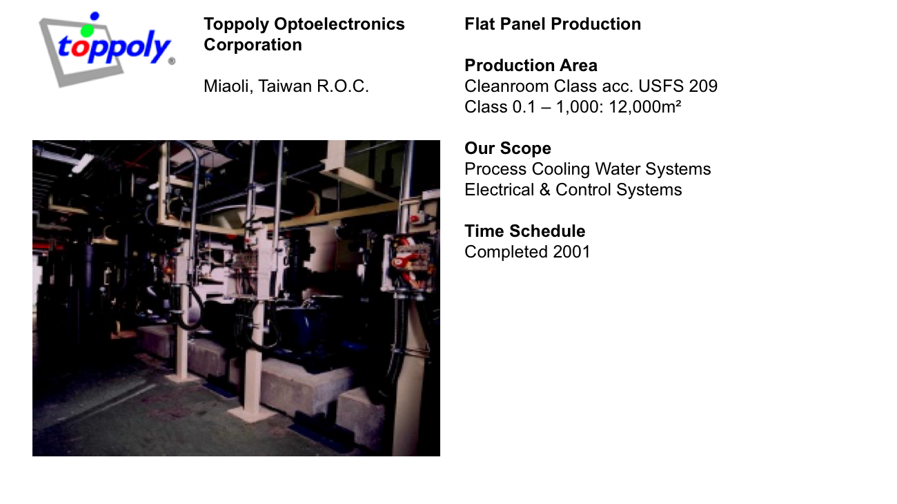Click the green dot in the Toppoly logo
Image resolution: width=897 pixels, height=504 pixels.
88,30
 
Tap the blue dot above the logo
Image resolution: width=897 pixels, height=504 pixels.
95,16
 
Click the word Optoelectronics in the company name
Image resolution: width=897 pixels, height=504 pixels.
339,24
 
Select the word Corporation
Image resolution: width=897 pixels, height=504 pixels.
253,44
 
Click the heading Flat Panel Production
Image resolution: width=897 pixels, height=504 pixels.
553,24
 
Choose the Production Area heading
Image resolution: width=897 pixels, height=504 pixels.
531,66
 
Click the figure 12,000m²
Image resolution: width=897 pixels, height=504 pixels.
644,107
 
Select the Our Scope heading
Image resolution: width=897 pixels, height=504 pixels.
508,148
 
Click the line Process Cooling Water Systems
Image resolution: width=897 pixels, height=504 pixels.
587,169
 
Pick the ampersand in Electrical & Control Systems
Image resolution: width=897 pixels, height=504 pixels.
544,190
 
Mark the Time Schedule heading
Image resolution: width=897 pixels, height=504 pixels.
524,231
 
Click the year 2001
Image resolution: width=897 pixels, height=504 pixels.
571,252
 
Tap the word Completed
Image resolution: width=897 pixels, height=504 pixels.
506,252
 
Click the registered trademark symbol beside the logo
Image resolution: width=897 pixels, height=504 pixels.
172,61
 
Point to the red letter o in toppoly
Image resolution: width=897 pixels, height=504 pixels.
79,47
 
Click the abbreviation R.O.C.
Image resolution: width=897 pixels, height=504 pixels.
343,86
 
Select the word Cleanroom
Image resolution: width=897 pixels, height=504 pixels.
506,86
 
